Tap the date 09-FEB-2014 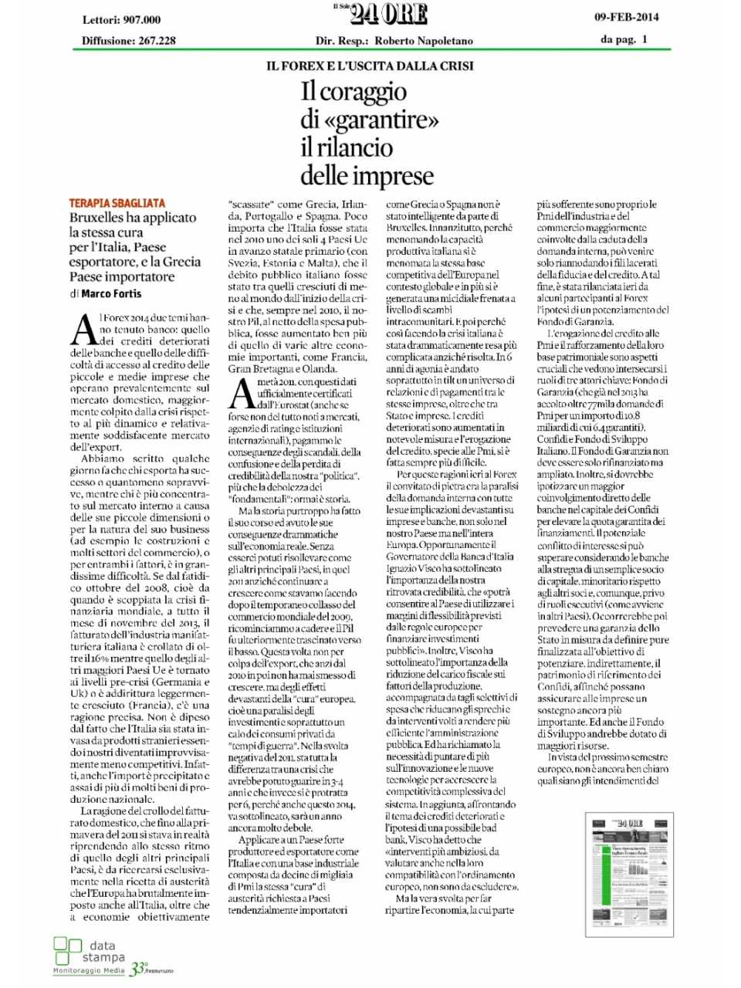(x=626, y=16)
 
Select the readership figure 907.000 (x=142, y=20)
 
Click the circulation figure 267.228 (x=157, y=41)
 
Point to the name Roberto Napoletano (x=424, y=41)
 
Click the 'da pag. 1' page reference (x=624, y=39)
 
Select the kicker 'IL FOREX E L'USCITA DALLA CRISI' (x=370, y=66)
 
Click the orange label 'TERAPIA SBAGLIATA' (x=117, y=203)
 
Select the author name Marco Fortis (x=111, y=293)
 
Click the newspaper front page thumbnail (x=629, y=869)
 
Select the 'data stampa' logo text (x=103, y=951)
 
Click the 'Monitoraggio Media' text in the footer (x=88, y=970)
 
